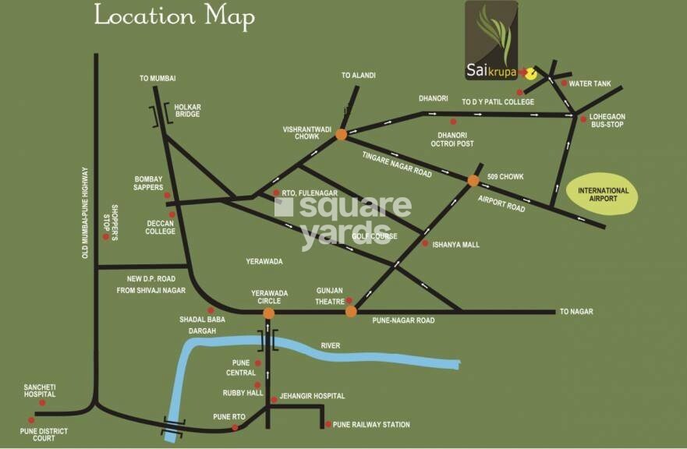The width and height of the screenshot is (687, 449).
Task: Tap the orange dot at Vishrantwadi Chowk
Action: tap(341, 134)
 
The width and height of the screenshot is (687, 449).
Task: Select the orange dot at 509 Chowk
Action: tap(473, 180)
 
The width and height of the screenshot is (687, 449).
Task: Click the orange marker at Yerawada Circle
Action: tap(269, 313)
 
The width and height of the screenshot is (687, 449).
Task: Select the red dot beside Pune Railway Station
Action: tap(327, 425)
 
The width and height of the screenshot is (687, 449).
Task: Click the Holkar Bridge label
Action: tap(187, 110)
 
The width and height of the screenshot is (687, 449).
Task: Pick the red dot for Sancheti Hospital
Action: tap(42, 403)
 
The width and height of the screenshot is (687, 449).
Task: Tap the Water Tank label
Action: tap(592, 83)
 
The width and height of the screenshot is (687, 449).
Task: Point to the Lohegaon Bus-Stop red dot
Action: tap(583, 118)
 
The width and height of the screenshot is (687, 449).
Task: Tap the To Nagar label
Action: tap(576, 312)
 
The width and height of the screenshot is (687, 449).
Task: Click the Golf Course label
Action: tap(374, 236)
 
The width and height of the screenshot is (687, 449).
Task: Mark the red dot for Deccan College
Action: tap(172, 214)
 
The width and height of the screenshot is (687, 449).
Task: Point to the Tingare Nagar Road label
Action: tap(397, 164)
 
